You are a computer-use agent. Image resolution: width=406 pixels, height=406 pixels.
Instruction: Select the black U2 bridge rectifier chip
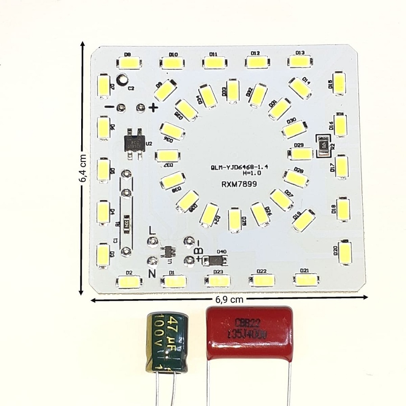(x=135, y=143)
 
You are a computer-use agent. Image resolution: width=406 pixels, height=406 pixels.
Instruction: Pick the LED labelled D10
(x=173, y=62)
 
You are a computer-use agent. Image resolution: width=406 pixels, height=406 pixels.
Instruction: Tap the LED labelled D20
(x=346, y=252)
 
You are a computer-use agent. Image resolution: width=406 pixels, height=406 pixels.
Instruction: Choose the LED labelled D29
(x=300, y=154)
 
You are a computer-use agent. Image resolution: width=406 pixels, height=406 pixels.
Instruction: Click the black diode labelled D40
(x=215, y=260)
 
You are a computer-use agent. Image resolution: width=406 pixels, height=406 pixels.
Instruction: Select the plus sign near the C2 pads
(x=153, y=107)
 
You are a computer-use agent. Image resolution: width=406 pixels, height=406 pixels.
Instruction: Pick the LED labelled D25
(x=235, y=220)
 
